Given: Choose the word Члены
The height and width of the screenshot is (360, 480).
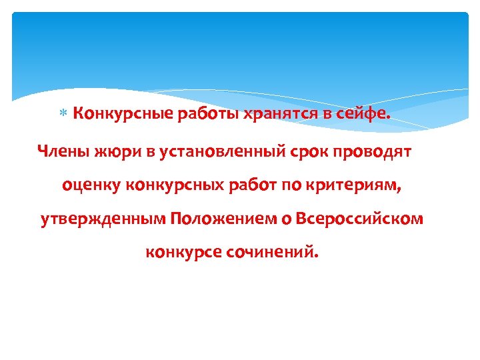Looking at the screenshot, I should (61, 152).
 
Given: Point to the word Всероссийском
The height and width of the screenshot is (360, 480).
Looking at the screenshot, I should (359, 219).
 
